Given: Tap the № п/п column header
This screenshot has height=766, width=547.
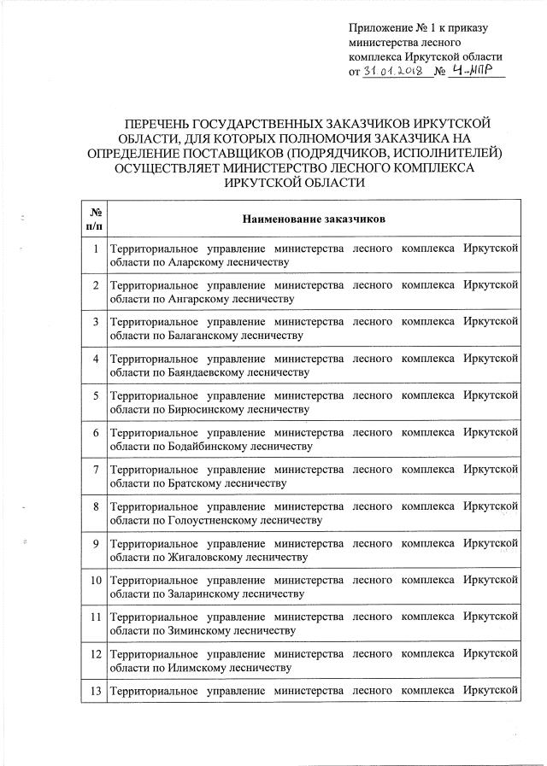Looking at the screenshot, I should tap(94, 219).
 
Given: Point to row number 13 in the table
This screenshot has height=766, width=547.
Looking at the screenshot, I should tap(94, 688).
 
